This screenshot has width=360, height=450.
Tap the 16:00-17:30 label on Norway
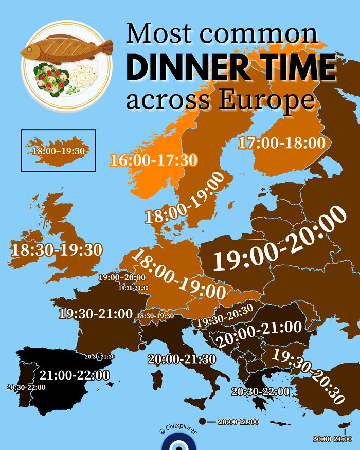click(153, 160)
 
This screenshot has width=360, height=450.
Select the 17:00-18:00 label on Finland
click(282, 142)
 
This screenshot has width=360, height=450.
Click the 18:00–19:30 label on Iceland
click(58, 151)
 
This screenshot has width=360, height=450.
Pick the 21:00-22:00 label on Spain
click(75, 375)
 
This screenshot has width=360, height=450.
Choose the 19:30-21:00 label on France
click(96, 314)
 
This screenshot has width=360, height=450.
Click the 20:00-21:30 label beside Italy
click(182, 359)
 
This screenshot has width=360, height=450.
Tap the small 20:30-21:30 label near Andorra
click(100, 356)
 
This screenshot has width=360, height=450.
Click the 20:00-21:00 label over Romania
click(259, 333)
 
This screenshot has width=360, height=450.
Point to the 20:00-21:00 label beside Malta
click(238, 422)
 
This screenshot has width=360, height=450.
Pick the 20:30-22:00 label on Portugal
click(26, 387)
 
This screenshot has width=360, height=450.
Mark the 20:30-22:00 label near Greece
click(260, 391)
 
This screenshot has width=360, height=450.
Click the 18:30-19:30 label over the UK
click(57, 250)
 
